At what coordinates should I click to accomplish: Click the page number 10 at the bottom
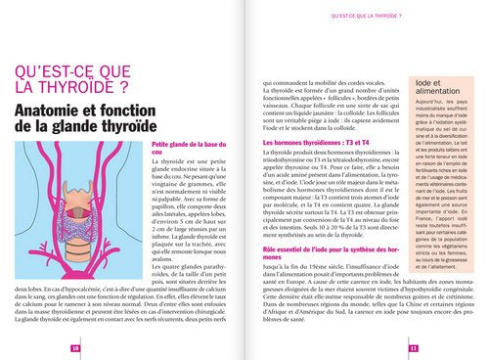[75, 347]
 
